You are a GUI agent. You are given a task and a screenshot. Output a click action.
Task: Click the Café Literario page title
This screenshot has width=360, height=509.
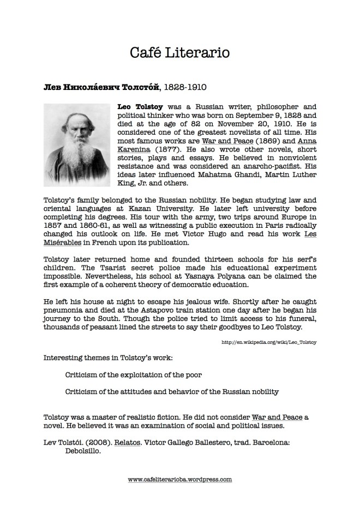(x=179, y=52)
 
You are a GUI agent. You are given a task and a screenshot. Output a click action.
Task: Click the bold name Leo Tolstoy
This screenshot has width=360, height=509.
(x=141, y=108)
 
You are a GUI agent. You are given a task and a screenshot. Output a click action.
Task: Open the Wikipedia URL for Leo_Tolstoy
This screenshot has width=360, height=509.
(x=269, y=342)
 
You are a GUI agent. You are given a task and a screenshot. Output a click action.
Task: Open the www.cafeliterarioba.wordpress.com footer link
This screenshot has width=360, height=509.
(x=180, y=480)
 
